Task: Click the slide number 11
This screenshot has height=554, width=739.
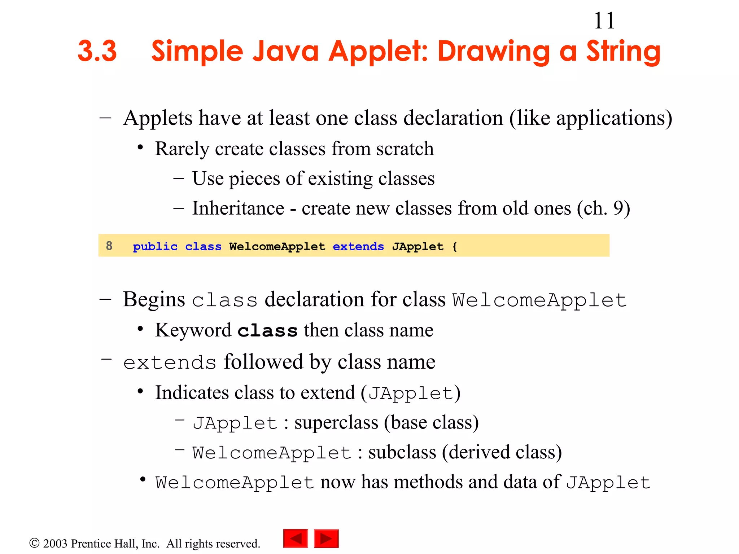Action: tap(604, 21)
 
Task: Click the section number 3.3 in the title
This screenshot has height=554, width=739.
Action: tap(97, 51)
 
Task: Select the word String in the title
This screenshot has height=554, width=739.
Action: tap(623, 52)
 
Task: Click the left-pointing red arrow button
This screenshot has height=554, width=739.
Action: tap(296, 538)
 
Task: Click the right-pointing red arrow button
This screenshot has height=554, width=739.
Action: tap(326, 538)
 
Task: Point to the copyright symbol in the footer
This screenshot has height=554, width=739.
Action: tap(34, 543)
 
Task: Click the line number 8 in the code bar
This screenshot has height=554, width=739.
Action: tap(109, 246)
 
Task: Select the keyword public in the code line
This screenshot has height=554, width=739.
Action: tap(155, 247)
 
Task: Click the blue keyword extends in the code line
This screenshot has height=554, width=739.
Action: tap(358, 246)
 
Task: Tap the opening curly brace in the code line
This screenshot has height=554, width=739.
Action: tap(455, 247)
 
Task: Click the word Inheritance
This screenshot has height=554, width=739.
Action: tap(238, 208)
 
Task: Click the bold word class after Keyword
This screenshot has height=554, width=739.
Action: tap(267, 330)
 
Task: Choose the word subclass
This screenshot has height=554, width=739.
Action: tap(402, 452)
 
